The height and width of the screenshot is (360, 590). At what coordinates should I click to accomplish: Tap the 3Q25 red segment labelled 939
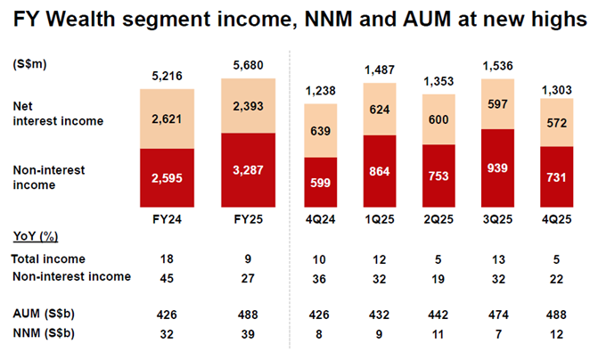pos(497,168)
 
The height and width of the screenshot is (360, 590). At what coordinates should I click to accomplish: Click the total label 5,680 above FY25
pos(254,65)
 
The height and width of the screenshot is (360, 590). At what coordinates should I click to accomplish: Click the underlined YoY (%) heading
pos(36,236)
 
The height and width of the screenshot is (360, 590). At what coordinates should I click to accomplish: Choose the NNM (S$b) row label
pos(44,333)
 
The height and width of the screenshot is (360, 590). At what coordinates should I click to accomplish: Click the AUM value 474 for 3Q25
pos(497,315)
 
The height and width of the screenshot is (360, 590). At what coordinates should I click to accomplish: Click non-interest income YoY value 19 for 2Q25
pos(440,277)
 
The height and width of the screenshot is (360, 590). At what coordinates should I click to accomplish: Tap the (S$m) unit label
pos(30,65)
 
